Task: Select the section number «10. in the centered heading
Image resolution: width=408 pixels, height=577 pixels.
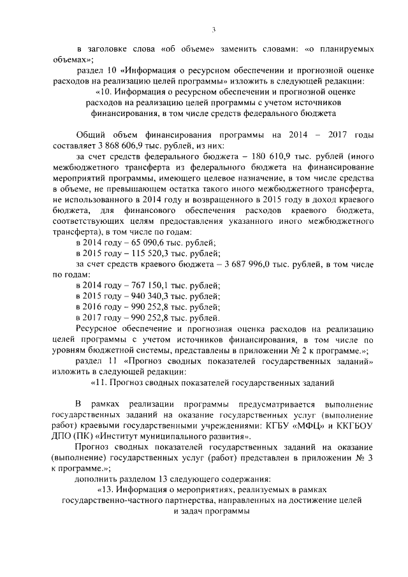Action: coord(104,92)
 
